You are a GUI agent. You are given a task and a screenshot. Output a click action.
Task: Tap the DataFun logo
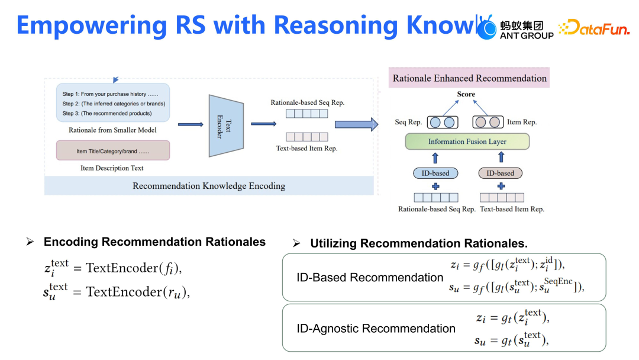(594, 28)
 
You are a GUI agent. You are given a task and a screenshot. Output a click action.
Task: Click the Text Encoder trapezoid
(226, 125)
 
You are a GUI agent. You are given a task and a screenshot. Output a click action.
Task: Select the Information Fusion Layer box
(467, 142)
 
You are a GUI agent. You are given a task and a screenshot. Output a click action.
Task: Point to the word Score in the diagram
(466, 94)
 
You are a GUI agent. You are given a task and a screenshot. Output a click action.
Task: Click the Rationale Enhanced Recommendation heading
(470, 78)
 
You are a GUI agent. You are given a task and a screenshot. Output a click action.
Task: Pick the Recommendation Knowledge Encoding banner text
(209, 186)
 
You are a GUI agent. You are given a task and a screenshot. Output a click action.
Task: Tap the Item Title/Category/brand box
(112, 151)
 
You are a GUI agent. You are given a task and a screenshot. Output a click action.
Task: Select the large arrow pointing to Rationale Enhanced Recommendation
(356, 124)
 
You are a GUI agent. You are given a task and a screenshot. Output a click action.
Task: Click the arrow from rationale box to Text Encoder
(190, 124)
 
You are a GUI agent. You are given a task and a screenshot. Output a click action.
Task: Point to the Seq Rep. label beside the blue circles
(408, 123)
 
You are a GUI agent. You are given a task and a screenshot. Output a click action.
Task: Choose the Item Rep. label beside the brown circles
(522, 123)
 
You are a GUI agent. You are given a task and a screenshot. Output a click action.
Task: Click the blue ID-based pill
(435, 173)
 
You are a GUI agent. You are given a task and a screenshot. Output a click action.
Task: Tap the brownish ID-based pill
(501, 173)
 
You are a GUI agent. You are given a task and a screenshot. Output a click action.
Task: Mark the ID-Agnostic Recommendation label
(376, 329)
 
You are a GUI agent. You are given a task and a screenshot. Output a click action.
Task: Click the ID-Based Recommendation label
(370, 278)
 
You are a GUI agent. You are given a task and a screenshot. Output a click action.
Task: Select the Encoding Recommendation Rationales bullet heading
(154, 242)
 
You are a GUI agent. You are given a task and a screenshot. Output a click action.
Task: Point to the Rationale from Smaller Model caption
(112, 130)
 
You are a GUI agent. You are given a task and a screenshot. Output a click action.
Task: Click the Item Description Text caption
(112, 168)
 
